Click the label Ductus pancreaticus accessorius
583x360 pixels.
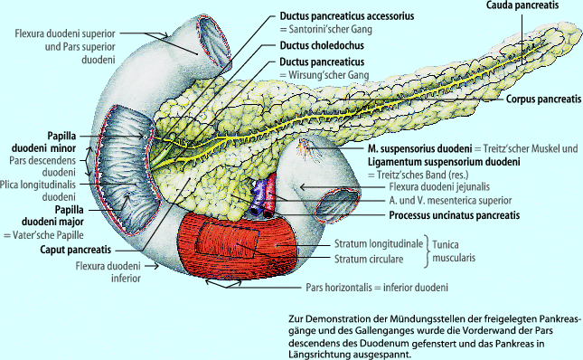(x=334, y=14)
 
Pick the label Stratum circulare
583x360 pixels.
(x=362, y=260)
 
